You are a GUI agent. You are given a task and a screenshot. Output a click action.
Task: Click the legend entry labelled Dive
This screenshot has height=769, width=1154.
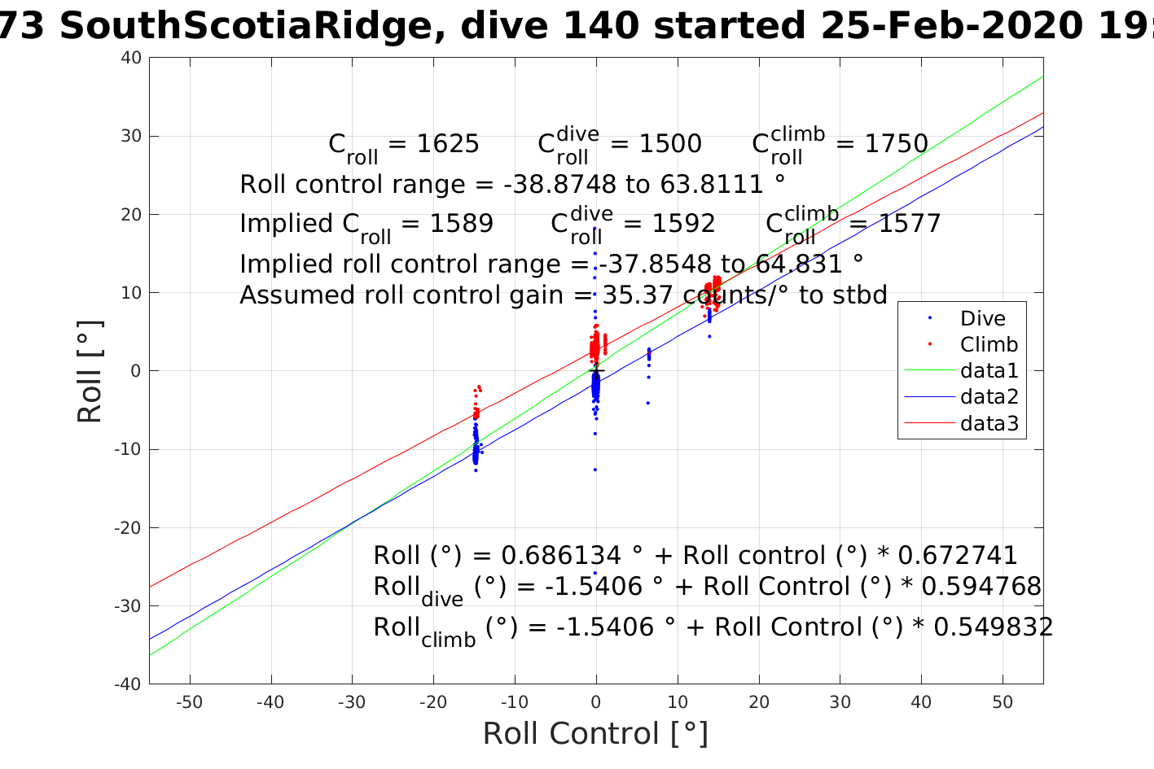tap(982, 318)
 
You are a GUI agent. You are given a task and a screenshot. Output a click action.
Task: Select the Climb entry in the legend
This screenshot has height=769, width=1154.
tap(989, 344)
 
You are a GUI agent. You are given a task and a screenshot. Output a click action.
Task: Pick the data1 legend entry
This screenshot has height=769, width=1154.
tap(989, 370)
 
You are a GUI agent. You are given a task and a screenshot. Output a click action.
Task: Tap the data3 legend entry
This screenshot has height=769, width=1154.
tap(989, 423)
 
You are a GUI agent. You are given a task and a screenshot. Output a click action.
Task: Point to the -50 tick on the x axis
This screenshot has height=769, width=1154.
tap(189, 702)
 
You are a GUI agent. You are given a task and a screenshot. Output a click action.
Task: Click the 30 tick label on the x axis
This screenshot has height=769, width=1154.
tap(840, 702)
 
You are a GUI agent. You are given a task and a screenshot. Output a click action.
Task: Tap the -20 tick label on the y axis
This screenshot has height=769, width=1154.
tap(128, 527)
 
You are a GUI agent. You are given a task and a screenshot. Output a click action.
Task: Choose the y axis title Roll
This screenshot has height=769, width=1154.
tap(90, 371)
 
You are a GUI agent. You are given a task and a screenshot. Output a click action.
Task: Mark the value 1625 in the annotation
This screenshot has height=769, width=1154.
tap(448, 144)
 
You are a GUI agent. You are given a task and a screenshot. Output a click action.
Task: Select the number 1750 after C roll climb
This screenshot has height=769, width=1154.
tap(896, 144)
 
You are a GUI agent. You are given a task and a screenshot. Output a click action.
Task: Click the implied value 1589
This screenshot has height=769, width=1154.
tap(463, 224)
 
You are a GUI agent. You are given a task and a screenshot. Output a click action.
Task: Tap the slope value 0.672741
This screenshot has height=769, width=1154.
tap(958, 556)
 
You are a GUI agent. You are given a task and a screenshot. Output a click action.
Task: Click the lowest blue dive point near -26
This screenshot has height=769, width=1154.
tap(595, 573)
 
